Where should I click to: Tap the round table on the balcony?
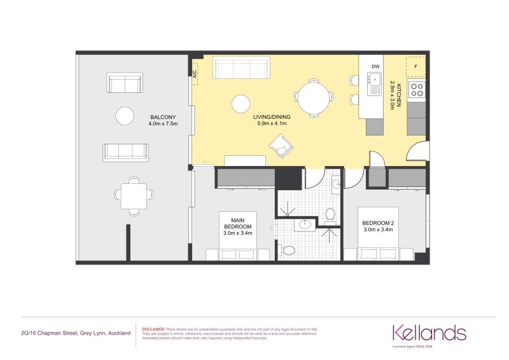click(125, 116)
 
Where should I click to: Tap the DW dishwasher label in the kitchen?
click(375, 66)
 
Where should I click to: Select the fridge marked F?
click(416, 66)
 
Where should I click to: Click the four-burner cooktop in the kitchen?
click(417, 89)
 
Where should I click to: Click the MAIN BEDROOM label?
click(238, 226)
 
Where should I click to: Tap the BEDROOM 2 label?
click(379, 226)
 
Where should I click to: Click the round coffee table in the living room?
click(241, 103)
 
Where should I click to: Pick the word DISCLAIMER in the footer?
click(153, 329)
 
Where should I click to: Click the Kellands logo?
click(429, 332)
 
